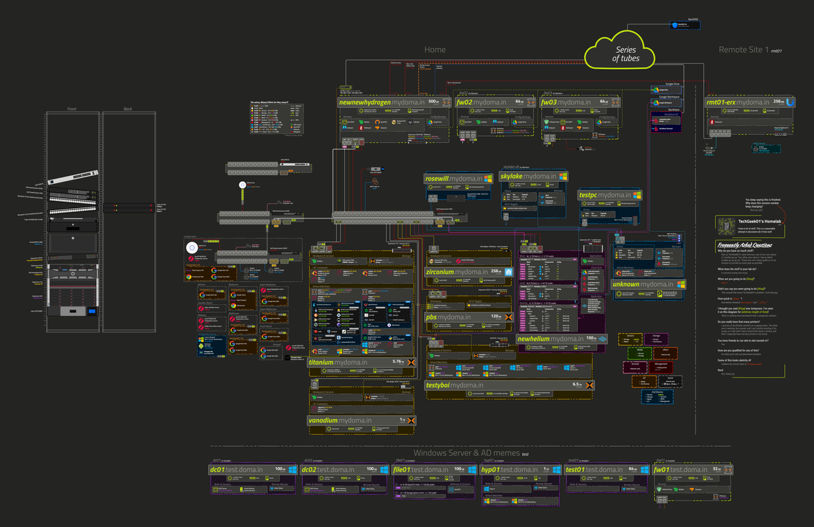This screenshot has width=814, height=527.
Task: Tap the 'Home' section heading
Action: click(x=435, y=49)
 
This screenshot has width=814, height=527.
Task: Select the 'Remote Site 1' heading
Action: click(x=743, y=49)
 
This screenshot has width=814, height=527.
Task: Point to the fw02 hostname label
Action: click(x=481, y=103)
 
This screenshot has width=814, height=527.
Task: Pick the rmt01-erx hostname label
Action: click(x=738, y=102)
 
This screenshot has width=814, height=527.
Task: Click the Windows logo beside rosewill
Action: click(x=488, y=179)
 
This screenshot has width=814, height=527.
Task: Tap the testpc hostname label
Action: click(x=604, y=195)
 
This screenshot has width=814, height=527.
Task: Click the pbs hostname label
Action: click(x=448, y=317)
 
